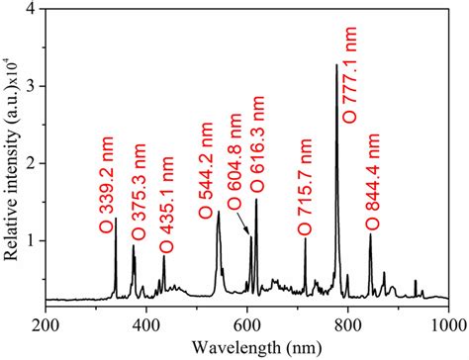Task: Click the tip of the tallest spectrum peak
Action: (337, 65)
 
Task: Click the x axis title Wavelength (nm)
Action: (246, 346)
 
